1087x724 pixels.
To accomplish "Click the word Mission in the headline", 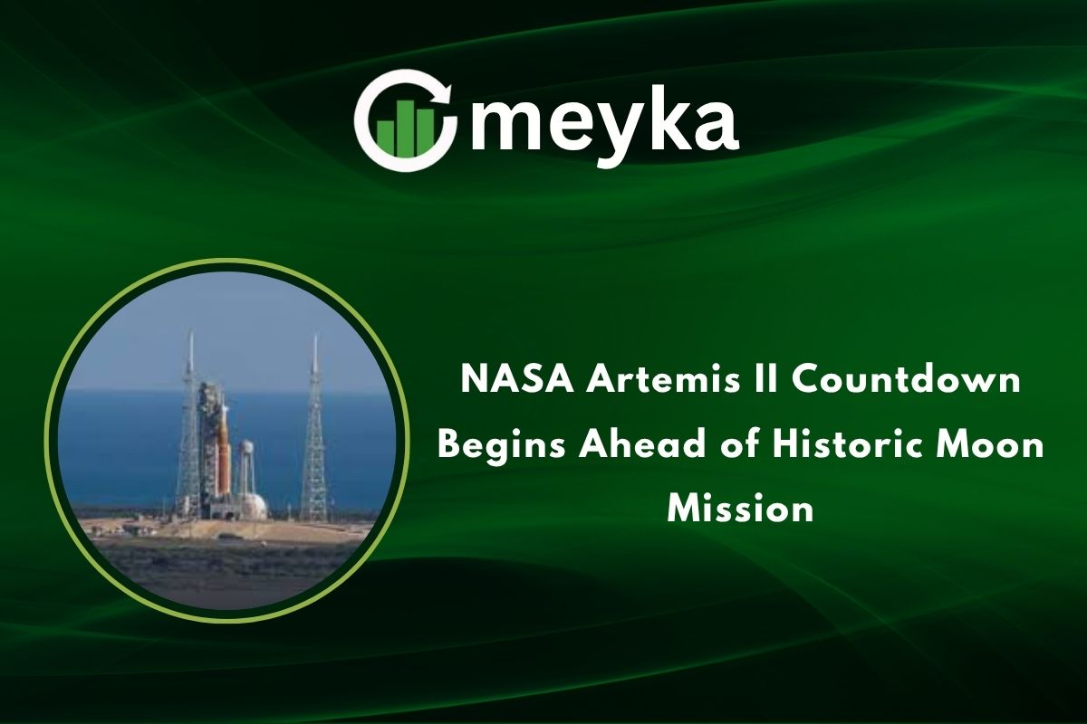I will (x=740, y=510).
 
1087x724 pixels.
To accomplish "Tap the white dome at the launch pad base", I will (x=255, y=505).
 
